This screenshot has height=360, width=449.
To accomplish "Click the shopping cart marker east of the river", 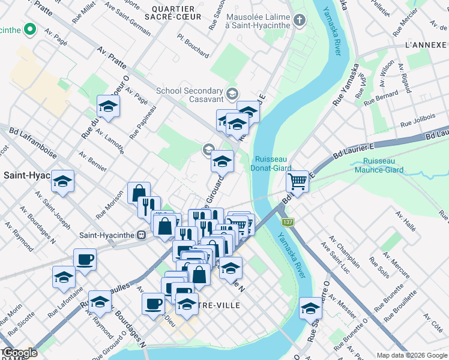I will (x=298, y=181).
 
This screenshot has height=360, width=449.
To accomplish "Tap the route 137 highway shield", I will (x=289, y=222).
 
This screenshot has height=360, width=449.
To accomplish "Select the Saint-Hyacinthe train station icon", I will (x=142, y=235).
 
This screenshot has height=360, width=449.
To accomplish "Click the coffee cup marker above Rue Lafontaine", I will (x=85, y=259).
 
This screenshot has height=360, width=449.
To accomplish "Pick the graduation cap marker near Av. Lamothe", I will (x=108, y=106).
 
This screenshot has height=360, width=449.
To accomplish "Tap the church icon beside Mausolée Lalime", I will (x=300, y=21).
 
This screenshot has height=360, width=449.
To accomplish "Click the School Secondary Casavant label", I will (x=190, y=95).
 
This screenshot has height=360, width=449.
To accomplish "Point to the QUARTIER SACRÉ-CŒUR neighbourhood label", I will (x=173, y=14).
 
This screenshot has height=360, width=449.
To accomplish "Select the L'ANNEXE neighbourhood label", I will (x=425, y=46).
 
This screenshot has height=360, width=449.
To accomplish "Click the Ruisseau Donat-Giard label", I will (x=273, y=164).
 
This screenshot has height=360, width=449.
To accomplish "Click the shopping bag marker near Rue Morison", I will (x=139, y=193).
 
